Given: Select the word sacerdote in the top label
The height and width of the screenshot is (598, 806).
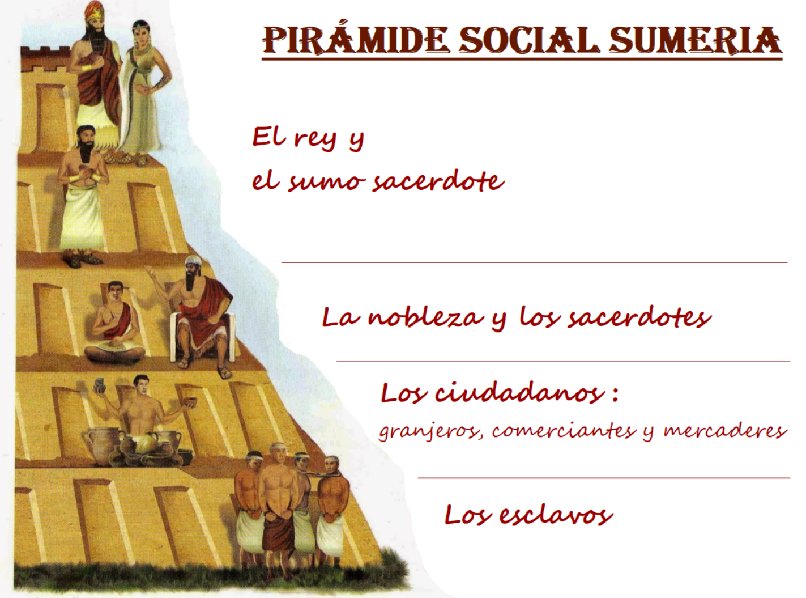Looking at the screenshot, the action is [x=438, y=181].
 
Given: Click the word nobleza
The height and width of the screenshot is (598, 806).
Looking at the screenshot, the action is [x=426, y=316].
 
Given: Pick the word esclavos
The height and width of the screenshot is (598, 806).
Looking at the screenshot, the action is [x=556, y=514].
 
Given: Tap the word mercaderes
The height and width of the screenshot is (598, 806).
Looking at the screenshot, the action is [x=726, y=431].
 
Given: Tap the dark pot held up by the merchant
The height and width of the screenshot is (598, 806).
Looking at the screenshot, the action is [x=99, y=386].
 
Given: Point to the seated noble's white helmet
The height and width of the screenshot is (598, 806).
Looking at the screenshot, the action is [x=193, y=261].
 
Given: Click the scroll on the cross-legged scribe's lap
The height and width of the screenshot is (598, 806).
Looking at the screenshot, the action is [x=114, y=347].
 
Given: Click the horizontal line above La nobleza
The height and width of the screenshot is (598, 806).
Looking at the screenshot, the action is [x=534, y=262].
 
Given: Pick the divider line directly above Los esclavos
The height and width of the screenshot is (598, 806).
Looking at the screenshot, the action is [x=604, y=478].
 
